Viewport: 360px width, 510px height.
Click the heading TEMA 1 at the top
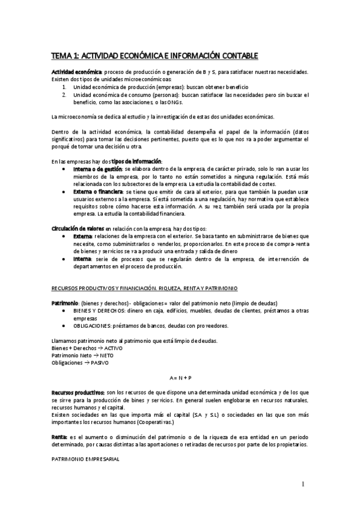tap(155, 56)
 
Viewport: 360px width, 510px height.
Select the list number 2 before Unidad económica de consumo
tap(64, 95)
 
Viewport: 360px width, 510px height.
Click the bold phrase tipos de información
tap(137, 161)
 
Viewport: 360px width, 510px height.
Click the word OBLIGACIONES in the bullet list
tap(93, 325)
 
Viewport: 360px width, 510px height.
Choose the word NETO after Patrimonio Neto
tap(107, 355)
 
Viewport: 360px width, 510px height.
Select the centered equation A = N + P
tap(180, 377)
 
